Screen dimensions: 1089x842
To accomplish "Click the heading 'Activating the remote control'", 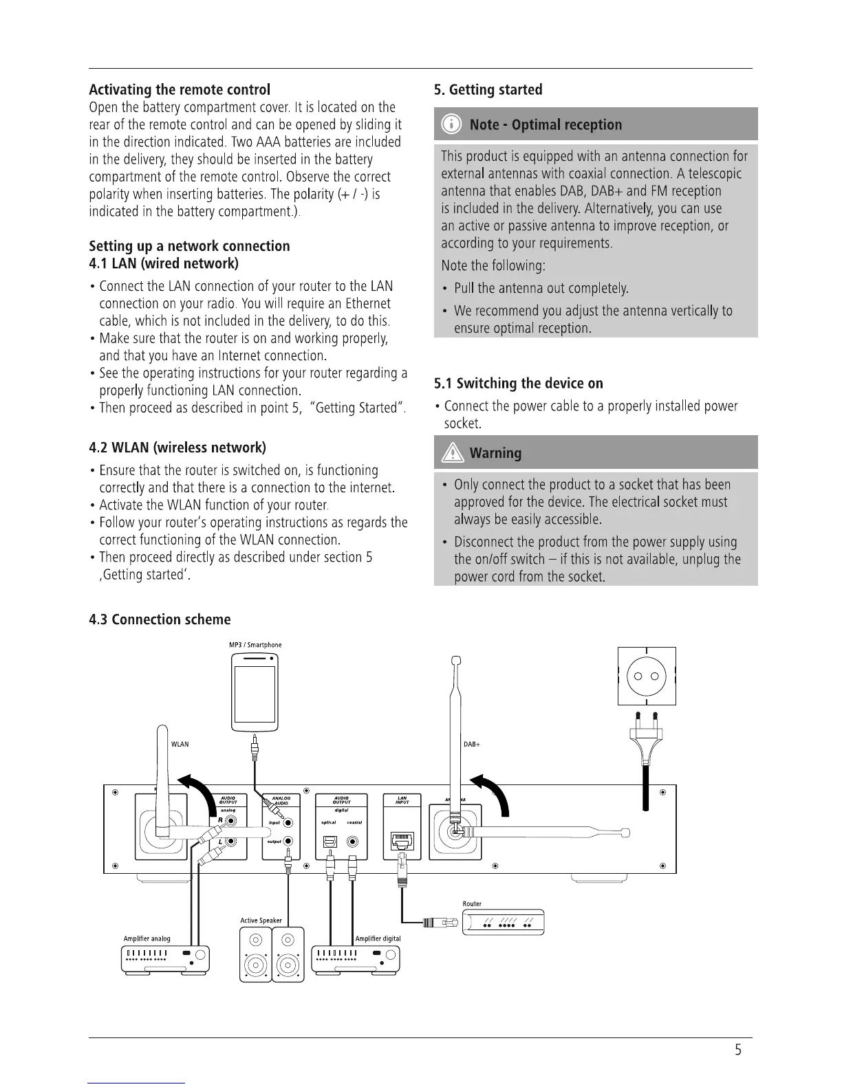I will pos(180,90).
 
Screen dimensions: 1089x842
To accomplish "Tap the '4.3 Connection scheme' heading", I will pos(160,619).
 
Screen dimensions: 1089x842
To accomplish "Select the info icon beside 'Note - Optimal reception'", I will pos(451,124).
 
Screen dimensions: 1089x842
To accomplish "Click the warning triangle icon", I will pos(453,453).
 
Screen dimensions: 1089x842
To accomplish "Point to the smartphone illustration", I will pos(255,692).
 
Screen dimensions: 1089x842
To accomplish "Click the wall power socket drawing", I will pos(647,676).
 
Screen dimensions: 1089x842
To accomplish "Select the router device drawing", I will pos(504,922).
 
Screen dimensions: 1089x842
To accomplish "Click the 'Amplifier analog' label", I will pos(147,938).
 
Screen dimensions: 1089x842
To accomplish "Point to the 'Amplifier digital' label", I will pos(378,938).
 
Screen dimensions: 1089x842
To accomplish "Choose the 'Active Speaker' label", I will pos(261,921).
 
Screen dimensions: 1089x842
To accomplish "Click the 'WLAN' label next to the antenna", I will pos(180,745).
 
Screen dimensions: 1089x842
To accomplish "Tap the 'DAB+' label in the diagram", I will pos(472,745).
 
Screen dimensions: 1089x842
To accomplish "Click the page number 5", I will pos(738,1050).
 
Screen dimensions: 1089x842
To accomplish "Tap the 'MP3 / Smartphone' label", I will pos(255,645).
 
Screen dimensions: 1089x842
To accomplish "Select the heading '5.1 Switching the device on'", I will pos(519,384).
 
